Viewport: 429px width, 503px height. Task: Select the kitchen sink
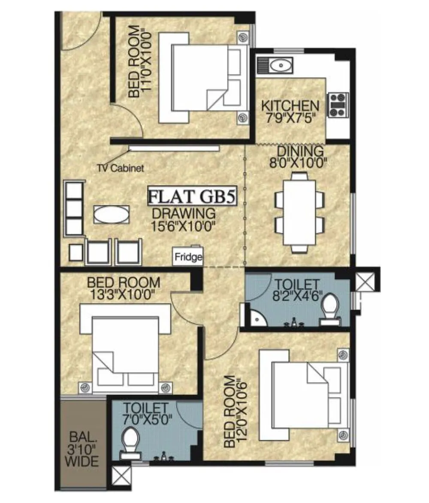click(x=280, y=66)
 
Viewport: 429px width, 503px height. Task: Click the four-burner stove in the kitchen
click(x=337, y=105)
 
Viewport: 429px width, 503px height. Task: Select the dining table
click(x=299, y=212)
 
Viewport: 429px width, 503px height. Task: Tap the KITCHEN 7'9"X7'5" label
click(x=290, y=111)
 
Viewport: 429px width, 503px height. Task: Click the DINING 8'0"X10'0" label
click(x=300, y=156)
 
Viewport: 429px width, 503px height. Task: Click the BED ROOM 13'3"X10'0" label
click(x=124, y=288)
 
